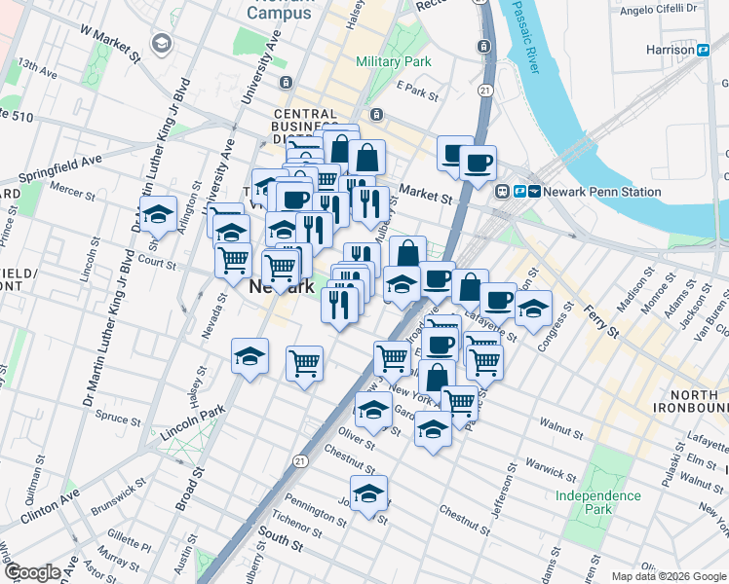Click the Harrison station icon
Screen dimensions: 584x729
702,49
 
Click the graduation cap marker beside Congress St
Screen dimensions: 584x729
533,309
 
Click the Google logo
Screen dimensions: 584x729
33,572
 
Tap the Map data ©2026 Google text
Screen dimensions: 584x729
668,576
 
